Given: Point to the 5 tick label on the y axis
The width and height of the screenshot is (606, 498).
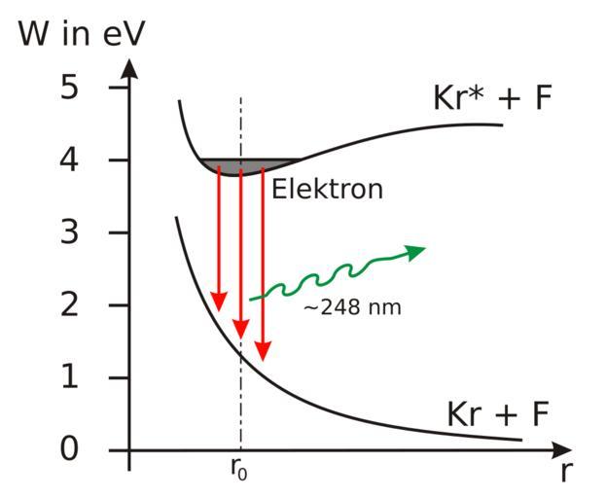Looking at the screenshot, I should tap(94, 88).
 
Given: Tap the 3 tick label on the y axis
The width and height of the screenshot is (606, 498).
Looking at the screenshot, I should tap(94, 232).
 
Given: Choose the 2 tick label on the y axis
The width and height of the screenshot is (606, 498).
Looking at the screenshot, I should tap(94, 305).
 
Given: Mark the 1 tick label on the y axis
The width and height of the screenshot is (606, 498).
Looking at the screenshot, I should tap(94, 377).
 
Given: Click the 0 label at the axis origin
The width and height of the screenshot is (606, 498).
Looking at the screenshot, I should tap(94, 450).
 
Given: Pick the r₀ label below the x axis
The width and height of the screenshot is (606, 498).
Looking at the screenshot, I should tap(239, 469).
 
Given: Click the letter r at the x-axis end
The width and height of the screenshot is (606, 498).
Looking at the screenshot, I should tap(566, 474).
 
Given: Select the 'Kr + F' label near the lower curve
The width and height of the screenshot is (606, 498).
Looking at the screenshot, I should tap(498, 413).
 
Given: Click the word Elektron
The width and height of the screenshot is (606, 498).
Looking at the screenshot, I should tap(327, 189).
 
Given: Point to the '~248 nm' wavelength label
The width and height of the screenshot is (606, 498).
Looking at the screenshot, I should tap(351, 307).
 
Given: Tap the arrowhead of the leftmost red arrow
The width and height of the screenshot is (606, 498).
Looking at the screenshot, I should tap(219, 298).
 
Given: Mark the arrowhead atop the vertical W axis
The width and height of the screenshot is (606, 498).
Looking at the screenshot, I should tap(129, 69).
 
